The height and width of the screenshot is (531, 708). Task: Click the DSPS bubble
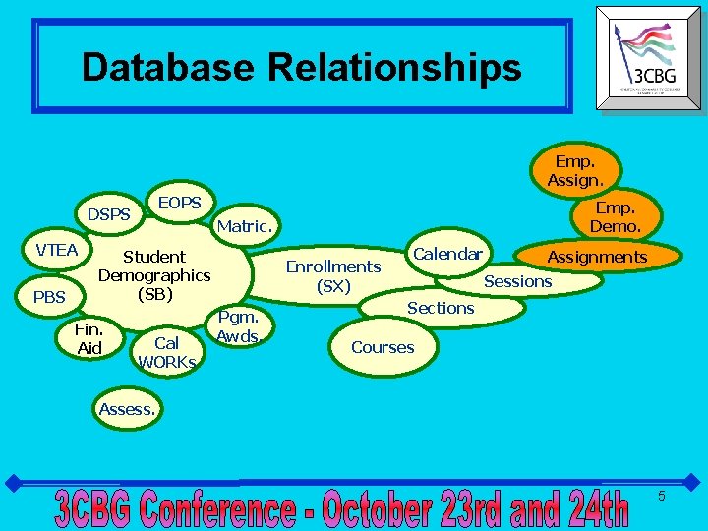[x=109, y=213]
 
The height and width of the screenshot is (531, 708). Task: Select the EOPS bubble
[x=180, y=203]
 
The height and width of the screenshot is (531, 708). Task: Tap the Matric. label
[x=244, y=226]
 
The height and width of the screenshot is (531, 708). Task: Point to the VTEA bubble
[x=57, y=250]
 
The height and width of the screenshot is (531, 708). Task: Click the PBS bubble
[x=48, y=296]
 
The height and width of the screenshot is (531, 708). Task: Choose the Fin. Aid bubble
[x=89, y=338]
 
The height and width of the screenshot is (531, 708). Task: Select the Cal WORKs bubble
[x=166, y=352]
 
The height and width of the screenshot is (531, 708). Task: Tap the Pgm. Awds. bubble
[x=238, y=326]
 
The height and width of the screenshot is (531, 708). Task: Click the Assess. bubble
[x=128, y=409]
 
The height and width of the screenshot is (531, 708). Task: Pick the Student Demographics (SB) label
[x=154, y=275]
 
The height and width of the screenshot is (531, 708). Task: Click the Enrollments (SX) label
[x=333, y=275]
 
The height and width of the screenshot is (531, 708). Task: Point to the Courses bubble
[x=383, y=347]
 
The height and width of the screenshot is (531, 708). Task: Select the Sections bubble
[x=441, y=308]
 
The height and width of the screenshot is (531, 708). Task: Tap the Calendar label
[x=447, y=254]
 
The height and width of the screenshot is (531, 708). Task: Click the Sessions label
[x=518, y=281]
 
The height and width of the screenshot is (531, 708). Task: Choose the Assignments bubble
[x=597, y=257]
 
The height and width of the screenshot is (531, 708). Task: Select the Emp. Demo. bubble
[x=615, y=217]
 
